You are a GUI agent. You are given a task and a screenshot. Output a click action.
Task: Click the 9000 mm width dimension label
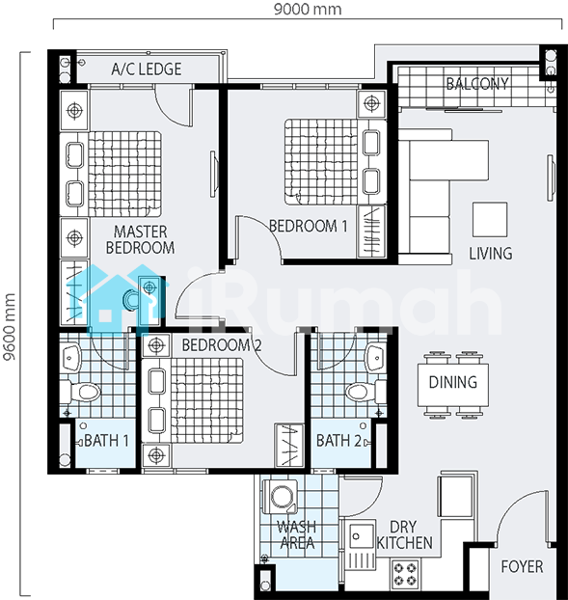pyautogui.click(x=308, y=9)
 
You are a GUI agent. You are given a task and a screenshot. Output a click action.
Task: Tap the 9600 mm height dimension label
pyautogui.click(x=10, y=327)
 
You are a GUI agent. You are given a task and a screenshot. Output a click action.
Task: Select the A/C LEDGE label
pyautogui.click(x=147, y=69)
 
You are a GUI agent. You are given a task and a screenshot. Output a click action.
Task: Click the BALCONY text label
pyautogui.click(x=477, y=83)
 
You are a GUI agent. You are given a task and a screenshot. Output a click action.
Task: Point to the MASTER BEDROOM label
pyautogui.click(x=141, y=239)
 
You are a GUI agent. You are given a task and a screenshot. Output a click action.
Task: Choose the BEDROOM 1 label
pyautogui.click(x=309, y=226)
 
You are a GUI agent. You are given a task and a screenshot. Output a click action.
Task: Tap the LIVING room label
pyautogui.click(x=491, y=254)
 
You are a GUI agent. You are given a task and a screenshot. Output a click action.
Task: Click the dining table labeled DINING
pyautogui.click(x=453, y=385)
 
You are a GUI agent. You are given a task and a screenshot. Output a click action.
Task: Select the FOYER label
pyautogui.click(x=522, y=566)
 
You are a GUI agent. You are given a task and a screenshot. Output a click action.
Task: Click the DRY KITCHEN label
pyautogui.click(x=405, y=535)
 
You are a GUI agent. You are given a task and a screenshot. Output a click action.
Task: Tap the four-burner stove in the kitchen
pyautogui.click(x=405, y=574)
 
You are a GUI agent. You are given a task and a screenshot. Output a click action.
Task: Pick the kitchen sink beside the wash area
pyautogui.click(x=360, y=544)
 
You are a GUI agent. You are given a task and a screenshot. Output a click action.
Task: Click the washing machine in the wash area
pyautogui.click(x=280, y=497)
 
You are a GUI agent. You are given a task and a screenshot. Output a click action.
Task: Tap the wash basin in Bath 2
pyautogui.click(x=375, y=358)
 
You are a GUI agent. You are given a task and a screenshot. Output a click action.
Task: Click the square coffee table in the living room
pyautogui.click(x=490, y=220)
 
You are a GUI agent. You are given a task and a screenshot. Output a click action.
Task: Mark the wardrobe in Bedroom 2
pyautogui.click(x=289, y=446)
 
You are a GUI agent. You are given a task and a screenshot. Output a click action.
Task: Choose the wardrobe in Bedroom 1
pyautogui.click(x=371, y=232)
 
